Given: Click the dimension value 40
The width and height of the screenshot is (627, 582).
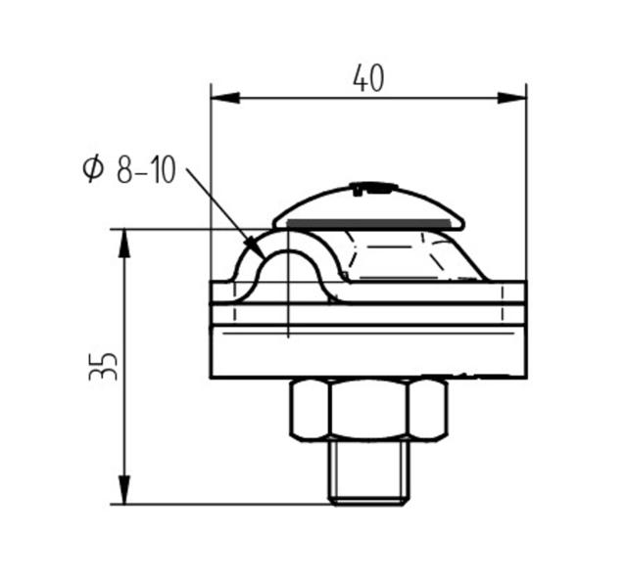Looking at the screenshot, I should [368, 78].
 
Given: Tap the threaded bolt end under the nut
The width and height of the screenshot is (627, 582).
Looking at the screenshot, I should [368, 471].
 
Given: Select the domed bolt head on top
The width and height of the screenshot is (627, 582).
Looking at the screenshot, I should [368, 202].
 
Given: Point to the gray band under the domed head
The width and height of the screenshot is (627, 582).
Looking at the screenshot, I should [368, 224].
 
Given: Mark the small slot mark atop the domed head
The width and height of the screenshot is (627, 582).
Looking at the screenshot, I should [374, 185].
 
